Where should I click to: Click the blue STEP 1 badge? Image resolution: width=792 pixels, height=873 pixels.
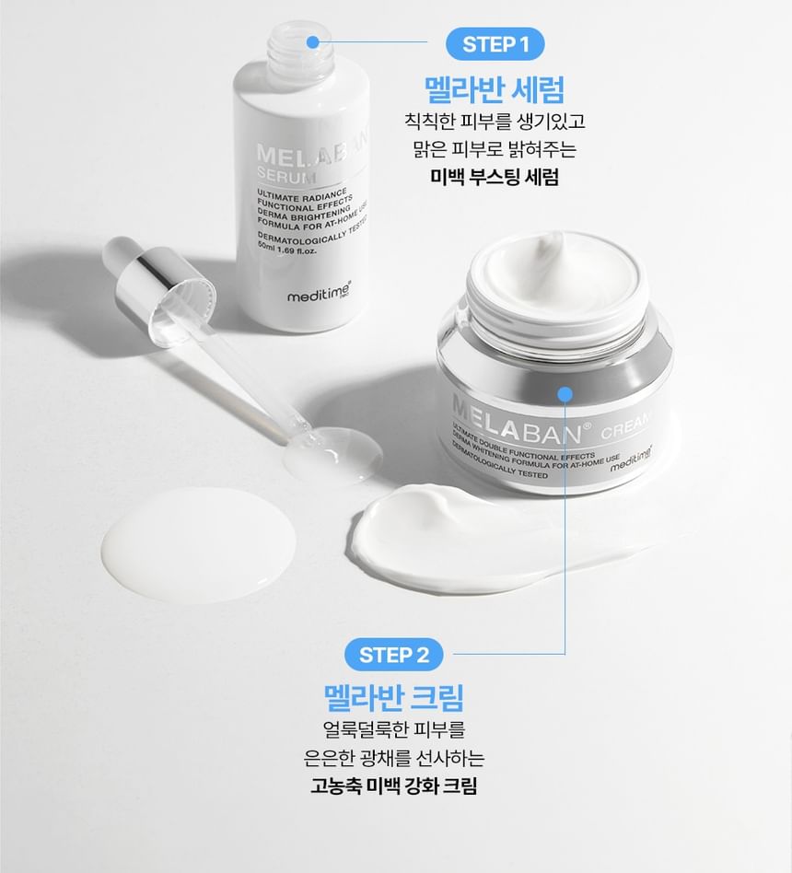point(495,44)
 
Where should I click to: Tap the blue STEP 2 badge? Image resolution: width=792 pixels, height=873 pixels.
point(394,655)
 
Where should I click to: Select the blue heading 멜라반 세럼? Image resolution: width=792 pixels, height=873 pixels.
point(495,89)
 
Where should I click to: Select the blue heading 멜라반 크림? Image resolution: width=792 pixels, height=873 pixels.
point(394,697)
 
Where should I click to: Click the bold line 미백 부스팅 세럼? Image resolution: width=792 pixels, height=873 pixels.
point(495,177)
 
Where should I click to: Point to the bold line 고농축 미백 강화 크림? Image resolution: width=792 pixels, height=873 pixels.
point(394,786)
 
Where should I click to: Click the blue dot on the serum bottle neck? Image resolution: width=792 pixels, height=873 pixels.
point(313,41)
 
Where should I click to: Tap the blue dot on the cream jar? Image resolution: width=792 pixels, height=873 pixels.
point(565,395)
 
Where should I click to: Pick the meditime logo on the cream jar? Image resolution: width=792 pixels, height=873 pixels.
point(631,460)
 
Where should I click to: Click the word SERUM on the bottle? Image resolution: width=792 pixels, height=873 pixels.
point(286,175)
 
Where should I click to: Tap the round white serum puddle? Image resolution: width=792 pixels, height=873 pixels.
point(199,545)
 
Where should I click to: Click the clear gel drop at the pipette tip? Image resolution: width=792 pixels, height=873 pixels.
point(332,454)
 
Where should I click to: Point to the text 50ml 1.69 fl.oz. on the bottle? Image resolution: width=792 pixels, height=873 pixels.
point(286,249)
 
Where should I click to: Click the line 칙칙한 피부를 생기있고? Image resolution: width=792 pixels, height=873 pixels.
point(495,121)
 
